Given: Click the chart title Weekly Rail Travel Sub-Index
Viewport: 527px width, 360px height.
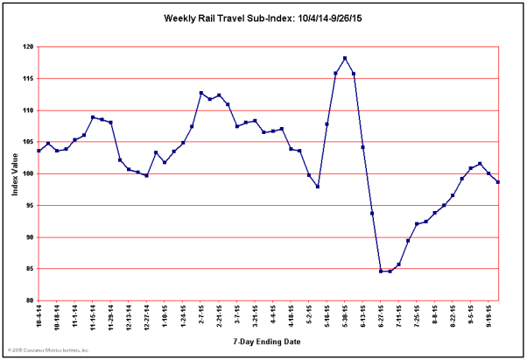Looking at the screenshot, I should [x=263, y=18].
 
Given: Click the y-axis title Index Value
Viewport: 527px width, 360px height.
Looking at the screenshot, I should [x=15, y=173].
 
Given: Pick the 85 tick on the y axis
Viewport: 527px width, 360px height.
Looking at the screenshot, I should [x=29, y=269].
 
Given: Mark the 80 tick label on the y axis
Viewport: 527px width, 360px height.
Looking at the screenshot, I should [x=29, y=300].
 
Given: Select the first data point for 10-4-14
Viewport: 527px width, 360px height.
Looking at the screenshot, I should [x=39, y=151].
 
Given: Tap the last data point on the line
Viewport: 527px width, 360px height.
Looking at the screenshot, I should [x=497, y=181].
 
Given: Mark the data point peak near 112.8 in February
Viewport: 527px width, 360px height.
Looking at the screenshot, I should [x=201, y=93].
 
